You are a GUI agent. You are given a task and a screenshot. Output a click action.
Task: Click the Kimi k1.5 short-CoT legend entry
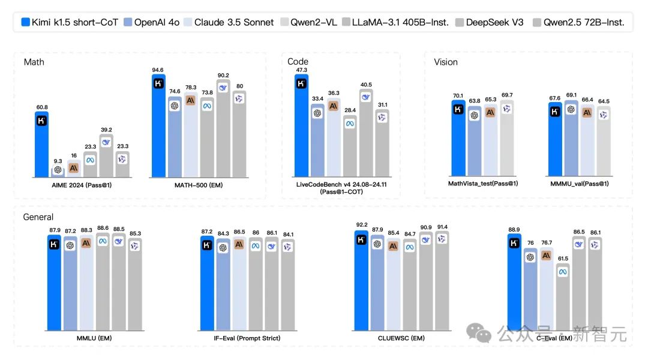pyautogui.click(x=68, y=22)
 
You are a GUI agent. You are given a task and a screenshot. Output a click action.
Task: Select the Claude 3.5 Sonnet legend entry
pyautogui.click(x=229, y=22)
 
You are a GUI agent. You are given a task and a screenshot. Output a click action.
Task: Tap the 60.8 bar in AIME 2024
pyautogui.click(x=41, y=144)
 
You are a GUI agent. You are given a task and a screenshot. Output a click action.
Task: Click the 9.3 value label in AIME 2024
pyautogui.click(x=57, y=161)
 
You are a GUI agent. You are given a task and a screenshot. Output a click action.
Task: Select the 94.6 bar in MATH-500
pyautogui.click(x=159, y=126)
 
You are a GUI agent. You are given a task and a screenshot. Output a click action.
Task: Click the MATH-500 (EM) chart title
pyautogui.click(x=198, y=185)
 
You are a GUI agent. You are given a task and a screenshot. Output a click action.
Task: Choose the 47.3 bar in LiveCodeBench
pyautogui.click(x=302, y=126)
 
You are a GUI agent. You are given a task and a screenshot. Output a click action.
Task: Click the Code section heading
pyautogui.click(x=298, y=62)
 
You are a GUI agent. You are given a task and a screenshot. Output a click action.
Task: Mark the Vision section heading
pyautogui.click(x=446, y=62)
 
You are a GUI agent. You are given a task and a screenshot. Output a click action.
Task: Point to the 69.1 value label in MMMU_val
pyautogui.click(x=571, y=95)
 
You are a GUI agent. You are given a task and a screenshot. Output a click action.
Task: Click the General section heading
pyautogui.click(x=38, y=217)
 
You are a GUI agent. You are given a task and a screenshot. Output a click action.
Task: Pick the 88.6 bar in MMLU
pyautogui.click(x=103, y=282)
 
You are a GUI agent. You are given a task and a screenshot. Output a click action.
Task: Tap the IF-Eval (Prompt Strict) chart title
pyautogui.click(x=247, y=338)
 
